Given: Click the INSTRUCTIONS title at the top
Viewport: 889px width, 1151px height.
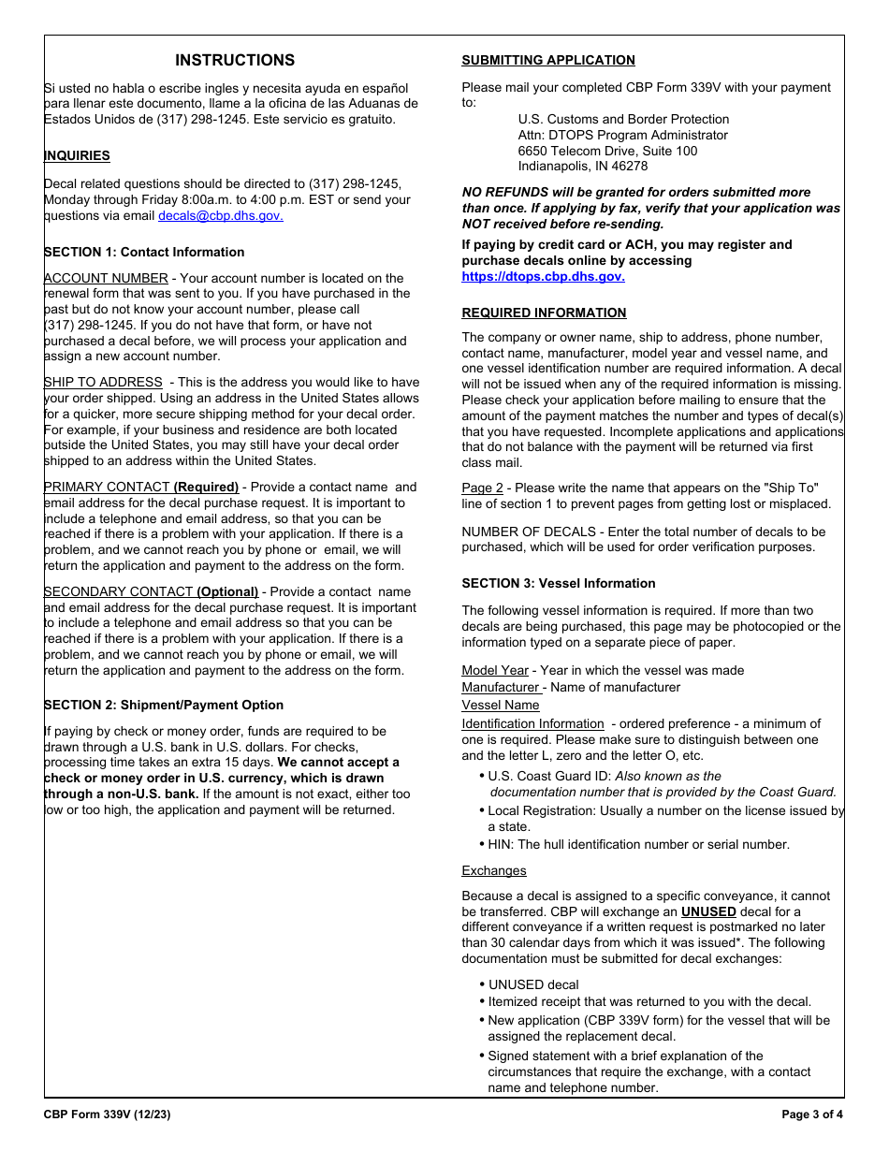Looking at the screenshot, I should [x=235, y=61].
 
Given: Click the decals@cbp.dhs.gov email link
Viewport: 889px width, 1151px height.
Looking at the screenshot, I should [x=220, y=216].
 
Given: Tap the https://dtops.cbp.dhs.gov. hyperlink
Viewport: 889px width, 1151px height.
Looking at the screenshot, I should [x=543, y=277].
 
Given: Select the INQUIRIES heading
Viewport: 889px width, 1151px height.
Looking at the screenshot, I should [x=77, y=156].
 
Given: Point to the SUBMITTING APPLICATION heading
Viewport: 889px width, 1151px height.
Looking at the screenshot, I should [x=547, y=61].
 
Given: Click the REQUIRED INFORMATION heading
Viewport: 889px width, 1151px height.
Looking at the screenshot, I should [x=544, y=313].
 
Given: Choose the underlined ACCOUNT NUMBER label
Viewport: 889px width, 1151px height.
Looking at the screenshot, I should [x=106, y=278].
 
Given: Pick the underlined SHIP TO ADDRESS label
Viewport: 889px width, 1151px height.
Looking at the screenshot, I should [x=103, y=383].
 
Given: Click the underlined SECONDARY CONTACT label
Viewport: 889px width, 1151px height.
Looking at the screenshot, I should [x=118, y=592].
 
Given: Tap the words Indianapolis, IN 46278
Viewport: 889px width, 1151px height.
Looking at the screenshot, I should [x=582, y=167].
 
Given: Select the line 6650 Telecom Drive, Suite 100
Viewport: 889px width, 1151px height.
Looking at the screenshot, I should [x=607, y=151].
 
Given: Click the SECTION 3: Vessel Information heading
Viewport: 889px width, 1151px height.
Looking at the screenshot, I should [x=558, y=584].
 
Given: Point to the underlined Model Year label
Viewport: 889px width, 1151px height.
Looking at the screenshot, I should [x=494, y=671].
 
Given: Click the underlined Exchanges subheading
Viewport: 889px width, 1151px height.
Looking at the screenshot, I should [x=493, y=871].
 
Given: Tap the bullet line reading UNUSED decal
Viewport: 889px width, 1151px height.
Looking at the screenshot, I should [x=532, y=985].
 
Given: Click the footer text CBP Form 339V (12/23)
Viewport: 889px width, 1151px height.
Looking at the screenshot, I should [x=107, y=1115].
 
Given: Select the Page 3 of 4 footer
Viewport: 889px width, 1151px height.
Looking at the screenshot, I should [x=811, y=1115].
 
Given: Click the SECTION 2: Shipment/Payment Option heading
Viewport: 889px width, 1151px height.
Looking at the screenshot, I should [x=164, y=706].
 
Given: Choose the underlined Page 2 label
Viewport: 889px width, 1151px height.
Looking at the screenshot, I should [x=482, y=488].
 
